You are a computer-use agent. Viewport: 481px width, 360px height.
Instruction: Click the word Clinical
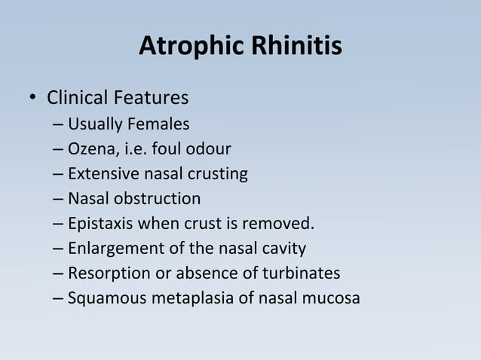coord(78,99)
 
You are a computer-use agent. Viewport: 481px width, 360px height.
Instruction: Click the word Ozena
coord(89,148)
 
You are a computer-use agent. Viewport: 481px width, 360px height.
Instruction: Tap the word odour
coord(209,148)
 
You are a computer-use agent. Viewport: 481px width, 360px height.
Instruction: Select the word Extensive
coord(99,174)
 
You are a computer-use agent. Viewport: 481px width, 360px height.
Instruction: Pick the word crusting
coord(218,174)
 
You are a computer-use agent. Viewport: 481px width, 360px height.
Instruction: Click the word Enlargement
coord(109,249)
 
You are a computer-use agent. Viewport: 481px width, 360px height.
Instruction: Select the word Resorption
coord(103,273)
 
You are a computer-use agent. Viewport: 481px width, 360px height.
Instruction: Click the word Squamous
coord(100,298)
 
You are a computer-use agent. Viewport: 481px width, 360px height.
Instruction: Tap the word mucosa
coord(332,298)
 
